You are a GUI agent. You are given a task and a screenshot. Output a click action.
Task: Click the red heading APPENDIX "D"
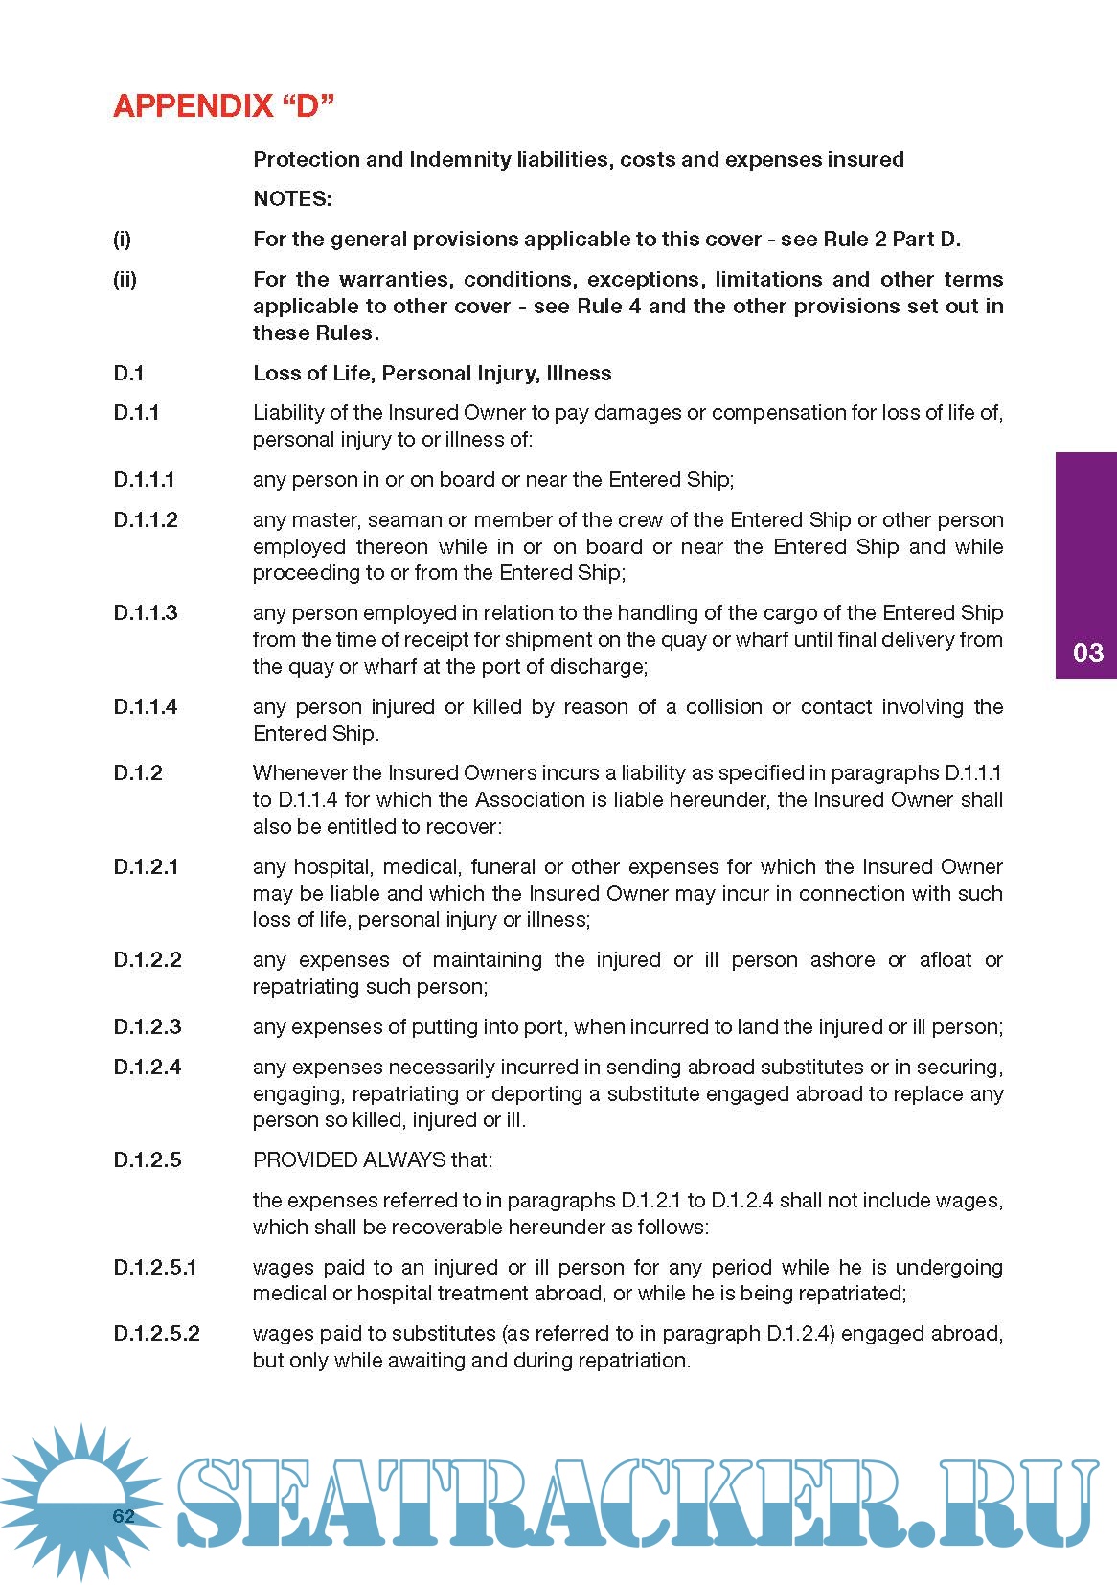[x=223, y=105]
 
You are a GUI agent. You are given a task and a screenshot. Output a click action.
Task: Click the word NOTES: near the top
[x=292, y=199]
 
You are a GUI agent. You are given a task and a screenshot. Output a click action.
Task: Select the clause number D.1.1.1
[x=144, y=479]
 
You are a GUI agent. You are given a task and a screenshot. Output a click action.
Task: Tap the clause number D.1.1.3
[x=146, y=612]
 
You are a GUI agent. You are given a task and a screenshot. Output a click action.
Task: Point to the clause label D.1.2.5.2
[x=156, y=1333]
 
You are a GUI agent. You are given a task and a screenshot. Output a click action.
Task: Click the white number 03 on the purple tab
[x=1087, y=653]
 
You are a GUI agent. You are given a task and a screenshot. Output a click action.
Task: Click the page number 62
[x=124, y=1515]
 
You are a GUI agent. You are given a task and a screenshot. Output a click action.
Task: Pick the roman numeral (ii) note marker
[x=125, y=280]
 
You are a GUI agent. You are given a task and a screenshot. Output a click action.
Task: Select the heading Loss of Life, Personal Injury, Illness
[x=432, y=373]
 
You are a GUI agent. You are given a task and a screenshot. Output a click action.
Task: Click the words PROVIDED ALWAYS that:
[x=373, y=1160]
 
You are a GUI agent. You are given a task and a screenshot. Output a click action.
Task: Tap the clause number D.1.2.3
[x=147, y=1026]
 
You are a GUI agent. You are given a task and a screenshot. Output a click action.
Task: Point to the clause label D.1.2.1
[x=146, y=866]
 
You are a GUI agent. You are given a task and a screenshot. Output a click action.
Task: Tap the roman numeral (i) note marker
[x=122, y=240]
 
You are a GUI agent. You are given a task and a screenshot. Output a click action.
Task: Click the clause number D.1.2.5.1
[x=155, y=1267]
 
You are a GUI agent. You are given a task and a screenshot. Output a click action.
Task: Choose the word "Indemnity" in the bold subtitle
[x=459, y=159]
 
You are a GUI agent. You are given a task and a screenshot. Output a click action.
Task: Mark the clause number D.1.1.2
[x=146, y=519]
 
